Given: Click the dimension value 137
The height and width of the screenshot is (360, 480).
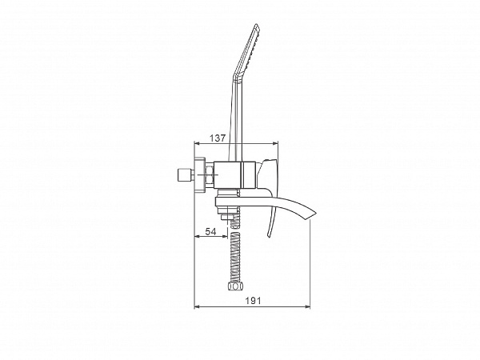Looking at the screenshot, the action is click(x=218, y=138).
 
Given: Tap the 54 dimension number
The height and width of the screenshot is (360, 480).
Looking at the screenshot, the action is click(x=210, y=232).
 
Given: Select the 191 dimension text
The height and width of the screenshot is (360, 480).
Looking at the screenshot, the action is click(x=253, y=301).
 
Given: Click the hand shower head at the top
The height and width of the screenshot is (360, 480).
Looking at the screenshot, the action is click(x=246, y=51).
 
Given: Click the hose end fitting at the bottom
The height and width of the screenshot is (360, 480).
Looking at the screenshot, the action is click(x=234, y=287).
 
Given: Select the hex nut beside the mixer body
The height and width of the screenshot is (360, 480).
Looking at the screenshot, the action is click(x=210, y=174).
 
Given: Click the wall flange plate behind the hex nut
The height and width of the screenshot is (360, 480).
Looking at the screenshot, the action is click(x=200, y=175).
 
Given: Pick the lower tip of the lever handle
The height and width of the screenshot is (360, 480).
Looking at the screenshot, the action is click(x=269, y=236).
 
